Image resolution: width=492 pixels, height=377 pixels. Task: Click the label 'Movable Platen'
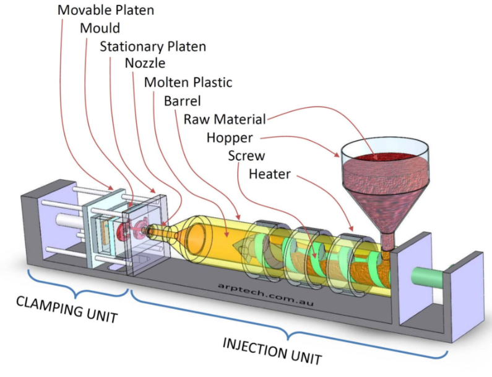click(105, 11)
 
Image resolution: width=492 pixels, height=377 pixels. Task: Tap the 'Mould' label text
click(100, 29)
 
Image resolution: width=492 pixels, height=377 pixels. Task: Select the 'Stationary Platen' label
click(153, 47)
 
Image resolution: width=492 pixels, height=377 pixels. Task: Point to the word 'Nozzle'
click(145, 64)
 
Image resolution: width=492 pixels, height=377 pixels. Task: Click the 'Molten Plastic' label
click(188, 82)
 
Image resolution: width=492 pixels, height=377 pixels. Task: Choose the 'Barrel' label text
click(183, 100)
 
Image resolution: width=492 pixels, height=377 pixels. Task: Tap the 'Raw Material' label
click(225, 119)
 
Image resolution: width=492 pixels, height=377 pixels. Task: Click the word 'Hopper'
click(230, 137)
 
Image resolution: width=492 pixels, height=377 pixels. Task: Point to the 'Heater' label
click(269, 174)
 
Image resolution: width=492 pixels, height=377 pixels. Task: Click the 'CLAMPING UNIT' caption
click(67, 309)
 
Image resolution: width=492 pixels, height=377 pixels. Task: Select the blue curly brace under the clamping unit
click(76, 286)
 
